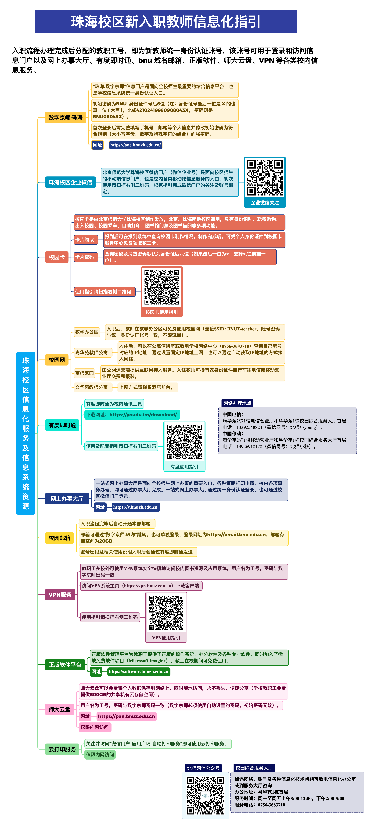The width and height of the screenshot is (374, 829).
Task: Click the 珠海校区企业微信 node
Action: click(70, 182)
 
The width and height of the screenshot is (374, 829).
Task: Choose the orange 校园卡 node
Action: click(57, 257)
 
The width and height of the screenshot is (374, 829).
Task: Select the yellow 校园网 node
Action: click(57, 360)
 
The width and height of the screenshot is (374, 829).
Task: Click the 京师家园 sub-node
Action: click(84, 373)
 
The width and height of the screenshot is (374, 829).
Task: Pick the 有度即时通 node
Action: click(62, 425)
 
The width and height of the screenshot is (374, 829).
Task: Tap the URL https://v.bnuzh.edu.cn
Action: click(135, 507)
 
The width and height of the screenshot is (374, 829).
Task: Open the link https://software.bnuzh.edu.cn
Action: click(139, 672)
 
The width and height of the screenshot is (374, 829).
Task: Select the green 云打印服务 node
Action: click(62, 749)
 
